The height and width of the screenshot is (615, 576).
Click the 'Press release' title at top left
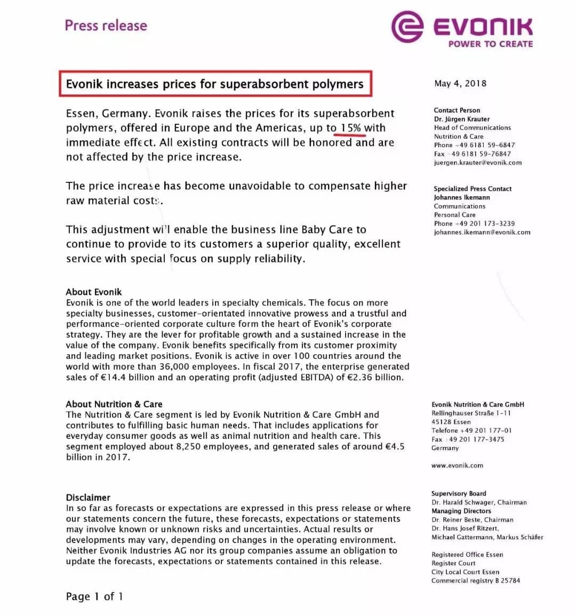(x=106, y=26)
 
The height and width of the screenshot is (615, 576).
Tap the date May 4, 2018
(x=460, y=83)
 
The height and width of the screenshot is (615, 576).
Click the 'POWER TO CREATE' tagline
(x=490, y=44)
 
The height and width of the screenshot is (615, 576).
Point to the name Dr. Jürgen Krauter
(x=461, y=119)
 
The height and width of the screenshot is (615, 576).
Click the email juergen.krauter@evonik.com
(x=477, y=163)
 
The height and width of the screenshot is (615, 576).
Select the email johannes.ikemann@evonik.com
(x=482, y=232)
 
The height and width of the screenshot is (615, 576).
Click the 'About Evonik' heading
(x=94, y=292)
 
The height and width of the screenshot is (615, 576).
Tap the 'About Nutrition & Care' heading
(x=114, y=404)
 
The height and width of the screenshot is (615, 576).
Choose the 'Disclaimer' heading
(x=88, y=497)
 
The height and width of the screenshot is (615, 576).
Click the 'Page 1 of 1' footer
(x=94, y=596)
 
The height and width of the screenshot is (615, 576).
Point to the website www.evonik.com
(x=457, y=465)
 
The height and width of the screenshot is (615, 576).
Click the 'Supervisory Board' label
(x=459, y=493)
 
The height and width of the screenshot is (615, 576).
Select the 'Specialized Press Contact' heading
(x=473, y=189)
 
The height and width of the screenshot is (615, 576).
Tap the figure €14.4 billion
(x=127, y=378)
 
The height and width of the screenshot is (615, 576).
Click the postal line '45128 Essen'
(x=451, y=422)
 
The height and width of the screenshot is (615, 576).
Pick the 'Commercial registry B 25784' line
(x=475, y=580)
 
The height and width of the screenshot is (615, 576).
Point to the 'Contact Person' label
(x=457, y=110)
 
